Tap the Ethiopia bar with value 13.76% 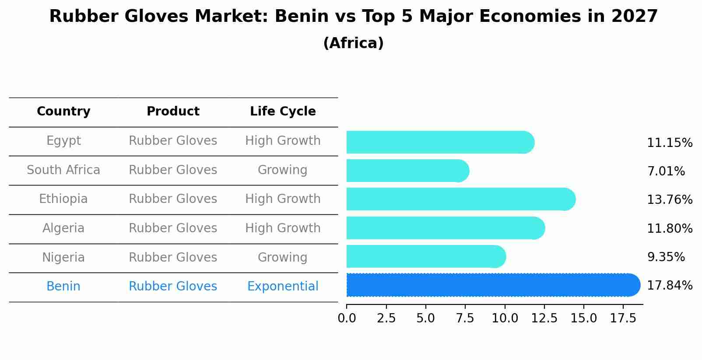pos(460,199)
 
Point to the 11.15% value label pos(669,143)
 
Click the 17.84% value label pos(669,286)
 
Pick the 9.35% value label pos(666,257)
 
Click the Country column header pos(63,112)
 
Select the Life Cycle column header pos(283,112)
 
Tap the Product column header pos(173,112)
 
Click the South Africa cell pos(63,170)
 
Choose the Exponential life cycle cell pos(283,287)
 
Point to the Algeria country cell pos(63,228)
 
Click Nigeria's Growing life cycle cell pos(283,257)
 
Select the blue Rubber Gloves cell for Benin pos(173,287)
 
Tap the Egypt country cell pos(63,141)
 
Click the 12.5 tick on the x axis pos(544,318)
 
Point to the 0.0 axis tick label pos(347,318)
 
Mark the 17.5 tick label pos(623,318)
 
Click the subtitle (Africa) pos(353,43)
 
